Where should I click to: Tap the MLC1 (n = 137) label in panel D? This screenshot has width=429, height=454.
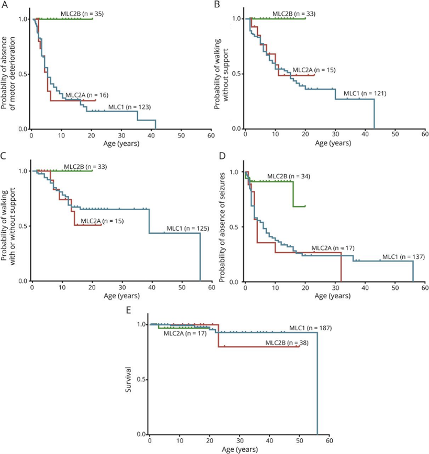pos(405,256)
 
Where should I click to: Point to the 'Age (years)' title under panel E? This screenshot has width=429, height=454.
pos(239,449)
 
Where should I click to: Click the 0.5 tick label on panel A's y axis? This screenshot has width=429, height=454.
pos(21,74)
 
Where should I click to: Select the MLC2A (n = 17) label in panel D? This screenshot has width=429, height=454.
pos(334,247)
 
